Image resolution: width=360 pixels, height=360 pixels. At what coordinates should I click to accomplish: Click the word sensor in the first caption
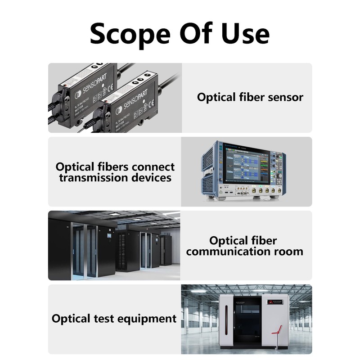point(283,97)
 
